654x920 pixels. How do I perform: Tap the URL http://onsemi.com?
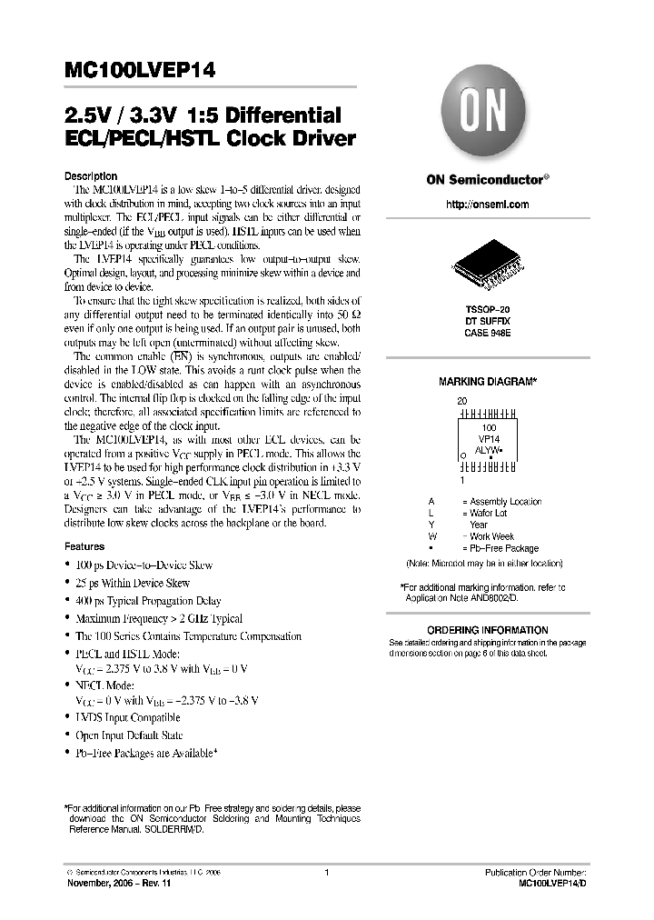tap(488, 205)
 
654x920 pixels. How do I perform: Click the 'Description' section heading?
tap(91, 175)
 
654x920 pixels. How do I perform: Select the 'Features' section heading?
tap(84, 547)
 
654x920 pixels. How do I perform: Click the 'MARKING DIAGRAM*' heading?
tap(487, 383)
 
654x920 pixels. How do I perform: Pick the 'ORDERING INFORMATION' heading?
tap(488, 630)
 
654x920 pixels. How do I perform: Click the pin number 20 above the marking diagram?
tap(461, 400)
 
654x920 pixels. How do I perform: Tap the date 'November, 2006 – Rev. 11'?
tap(119, 883)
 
